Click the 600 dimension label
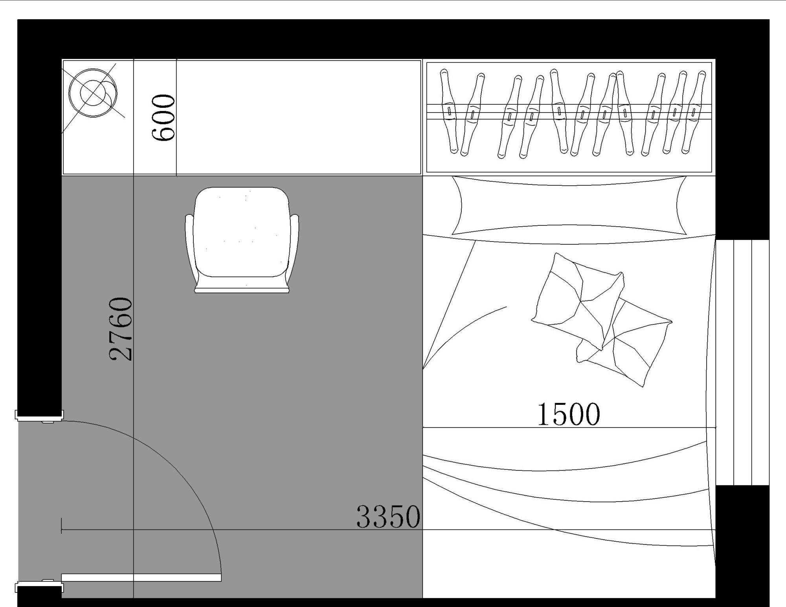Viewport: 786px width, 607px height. (x=163, y=117)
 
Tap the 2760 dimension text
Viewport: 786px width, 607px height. (x=121, y=329)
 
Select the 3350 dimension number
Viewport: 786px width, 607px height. (x=388, y=517)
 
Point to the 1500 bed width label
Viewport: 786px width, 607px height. (x=569, y=414)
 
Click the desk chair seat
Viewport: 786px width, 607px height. (x=242, y=232)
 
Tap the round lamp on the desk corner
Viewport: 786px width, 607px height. (x=93, y=93)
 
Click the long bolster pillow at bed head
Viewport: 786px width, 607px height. (x=569, y=205)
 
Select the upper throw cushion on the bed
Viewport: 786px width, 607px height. (x=578, y=301)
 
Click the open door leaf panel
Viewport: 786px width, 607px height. (x=141, y=577)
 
